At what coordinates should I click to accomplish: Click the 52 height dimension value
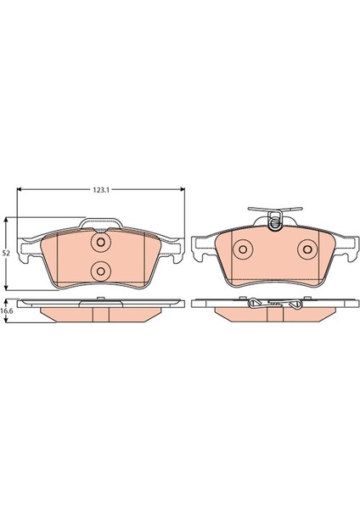7,253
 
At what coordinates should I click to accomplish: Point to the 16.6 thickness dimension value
8,312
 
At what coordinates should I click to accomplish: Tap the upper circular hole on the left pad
101,243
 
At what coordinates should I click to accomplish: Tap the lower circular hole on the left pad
101,271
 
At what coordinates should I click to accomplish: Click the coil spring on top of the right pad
273,223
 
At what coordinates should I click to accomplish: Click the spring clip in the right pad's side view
273,301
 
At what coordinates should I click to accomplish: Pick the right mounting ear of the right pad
345,249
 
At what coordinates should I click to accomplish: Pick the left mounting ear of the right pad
201,249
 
